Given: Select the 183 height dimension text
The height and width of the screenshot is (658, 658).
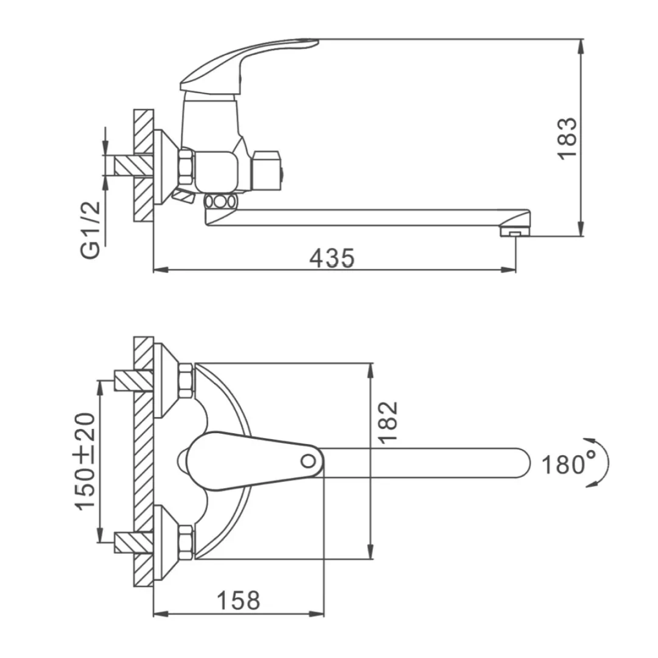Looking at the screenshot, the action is click(x=567, y=138).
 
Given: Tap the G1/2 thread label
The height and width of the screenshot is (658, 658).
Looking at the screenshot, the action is click(x=90, y=230).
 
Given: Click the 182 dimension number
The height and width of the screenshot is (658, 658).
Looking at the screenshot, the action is click(x=388, y=423).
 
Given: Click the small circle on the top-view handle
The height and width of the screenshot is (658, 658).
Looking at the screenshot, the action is click(x=308, y=461).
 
